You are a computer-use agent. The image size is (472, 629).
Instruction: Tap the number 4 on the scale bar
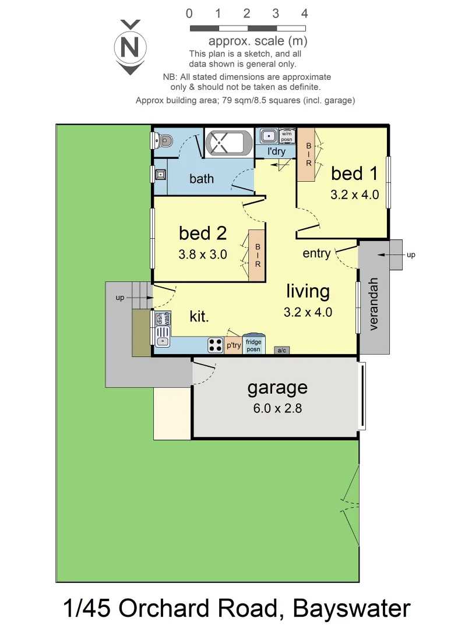coord(304,13)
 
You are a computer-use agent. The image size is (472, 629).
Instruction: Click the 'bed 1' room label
coord(354,174)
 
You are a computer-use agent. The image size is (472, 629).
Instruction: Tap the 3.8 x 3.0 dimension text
coord(202,255)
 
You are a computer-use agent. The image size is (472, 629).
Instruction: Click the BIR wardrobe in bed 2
coord(257,256)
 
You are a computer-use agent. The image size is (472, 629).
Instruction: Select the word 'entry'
coord(316,253)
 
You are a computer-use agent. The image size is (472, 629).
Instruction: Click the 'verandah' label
coord(374,304)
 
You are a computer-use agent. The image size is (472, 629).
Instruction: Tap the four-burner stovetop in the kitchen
coord(215,345)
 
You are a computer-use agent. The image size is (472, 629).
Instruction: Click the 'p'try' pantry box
coord(234,345)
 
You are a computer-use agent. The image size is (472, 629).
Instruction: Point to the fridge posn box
coord(253,345)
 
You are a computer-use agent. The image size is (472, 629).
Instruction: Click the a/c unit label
coord(281,351)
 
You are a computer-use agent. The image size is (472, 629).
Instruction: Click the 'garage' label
coord(277,387)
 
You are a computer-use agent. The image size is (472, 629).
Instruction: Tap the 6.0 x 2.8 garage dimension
coord(277,408)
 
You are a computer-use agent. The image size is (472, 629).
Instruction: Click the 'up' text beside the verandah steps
coord(411,255)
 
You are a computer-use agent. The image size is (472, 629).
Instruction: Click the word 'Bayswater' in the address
coord(351,609)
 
